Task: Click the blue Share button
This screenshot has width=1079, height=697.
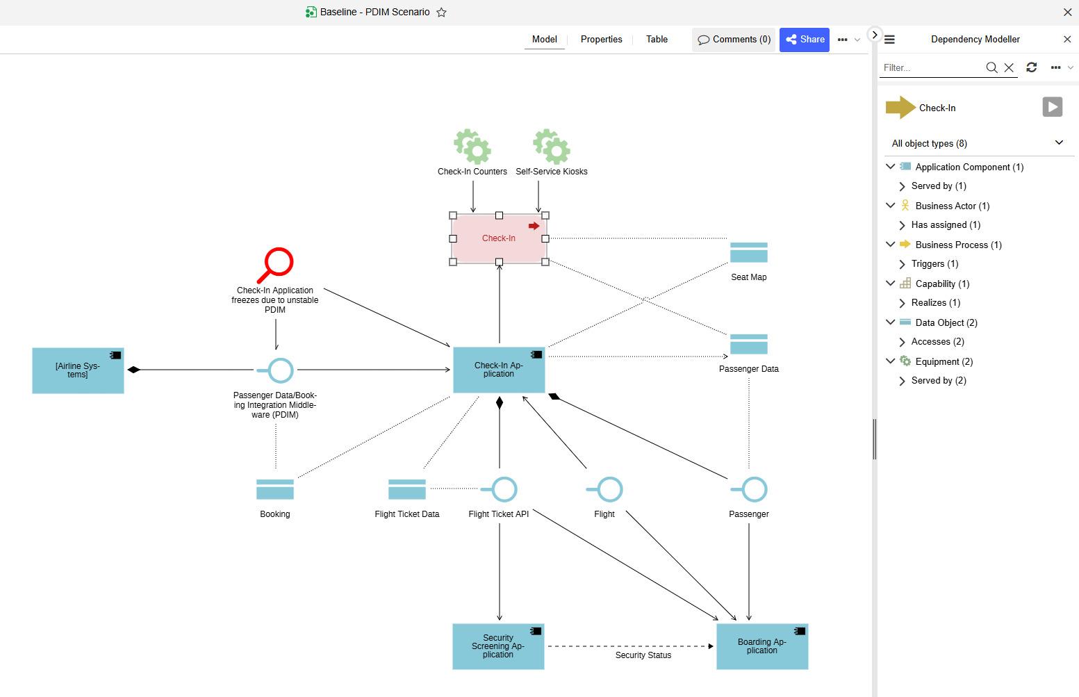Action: [x=805, y=40]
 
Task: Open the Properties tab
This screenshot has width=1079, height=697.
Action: [x=601, y=40]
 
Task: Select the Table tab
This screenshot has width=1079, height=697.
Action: [x=657, y=40]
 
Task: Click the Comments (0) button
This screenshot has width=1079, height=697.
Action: [x=734, y=40]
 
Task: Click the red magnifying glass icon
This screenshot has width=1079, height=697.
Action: [x=276, y=265]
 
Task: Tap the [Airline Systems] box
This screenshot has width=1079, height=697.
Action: [x=78, y=370]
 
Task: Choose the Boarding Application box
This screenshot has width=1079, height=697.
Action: [x=762, y=646]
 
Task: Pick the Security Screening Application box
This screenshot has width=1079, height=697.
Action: [x=498, y=646]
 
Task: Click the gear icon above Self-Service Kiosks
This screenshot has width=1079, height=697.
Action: [x=552, y=147]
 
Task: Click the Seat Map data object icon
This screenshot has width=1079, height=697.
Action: [x=748, y=253]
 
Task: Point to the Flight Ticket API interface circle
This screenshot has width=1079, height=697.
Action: [x=504, y=489]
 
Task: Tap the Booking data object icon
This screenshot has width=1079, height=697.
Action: [x=275, y=489]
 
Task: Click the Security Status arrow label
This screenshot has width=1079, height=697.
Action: [x=643, y=655]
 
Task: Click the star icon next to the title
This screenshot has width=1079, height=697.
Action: [x=441, y=13]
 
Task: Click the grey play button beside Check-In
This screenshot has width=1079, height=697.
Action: [x=1052, y=107]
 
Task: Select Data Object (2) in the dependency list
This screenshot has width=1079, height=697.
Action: [x=946, y=322]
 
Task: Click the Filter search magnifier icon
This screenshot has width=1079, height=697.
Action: [x=991, y=67]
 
